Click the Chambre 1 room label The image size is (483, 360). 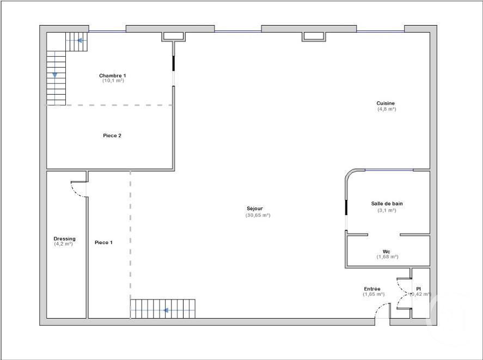pyautogui.click(x=113, y=75)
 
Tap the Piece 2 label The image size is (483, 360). pyautogui.click(x=112, y=136)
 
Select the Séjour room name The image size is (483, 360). pyautogui.click(x=254, y=209)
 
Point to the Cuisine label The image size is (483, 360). pyautogui.click(x=386, y=103)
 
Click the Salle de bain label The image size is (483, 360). pyautogui.click(x=387, y=204)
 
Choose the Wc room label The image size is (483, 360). pyautogui.click(x=387, y=252)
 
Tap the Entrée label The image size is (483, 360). pyautogui.click(x=372, y=289)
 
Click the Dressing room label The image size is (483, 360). pyautogui.click(x=64, y=239)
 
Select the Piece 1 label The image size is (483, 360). pyautogui.click(x=103, y=242)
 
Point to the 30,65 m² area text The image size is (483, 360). pyautogui.click(x=258, y=215)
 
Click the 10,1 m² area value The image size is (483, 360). pyautogui.click(x=113, y=81)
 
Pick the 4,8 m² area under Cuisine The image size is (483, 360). pyautogui.click(x=387, y=109)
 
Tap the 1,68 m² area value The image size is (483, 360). pyautogui.click(x=387, y=257)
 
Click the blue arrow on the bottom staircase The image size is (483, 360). pyautogui.click(x=165, y=311)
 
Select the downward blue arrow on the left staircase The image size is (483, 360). pyautogui.click(x=54, y=75)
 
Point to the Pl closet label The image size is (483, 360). pyautogui.click(x=418, y=289)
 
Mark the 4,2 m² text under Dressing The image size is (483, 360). pyautogui.click(x=63, y=244)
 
